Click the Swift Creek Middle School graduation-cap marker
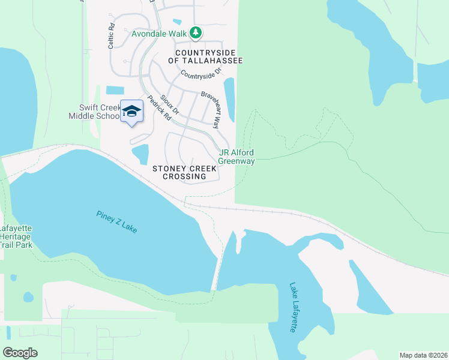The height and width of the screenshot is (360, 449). pos(131,112)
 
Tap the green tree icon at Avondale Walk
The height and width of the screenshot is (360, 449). pos(196,34)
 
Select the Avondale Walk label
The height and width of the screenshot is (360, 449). pos(159,34)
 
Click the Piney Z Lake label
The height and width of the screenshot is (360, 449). pos(116,222)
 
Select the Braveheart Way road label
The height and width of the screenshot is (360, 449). pos(211,107)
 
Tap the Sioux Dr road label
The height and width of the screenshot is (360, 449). pos(170,103)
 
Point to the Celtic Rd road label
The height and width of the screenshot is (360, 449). pos(111,37)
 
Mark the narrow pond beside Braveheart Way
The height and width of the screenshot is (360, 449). pos(229,98)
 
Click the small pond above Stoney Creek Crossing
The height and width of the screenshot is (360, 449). pos(140,154)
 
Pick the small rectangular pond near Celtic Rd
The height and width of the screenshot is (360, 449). pos(115,91)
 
